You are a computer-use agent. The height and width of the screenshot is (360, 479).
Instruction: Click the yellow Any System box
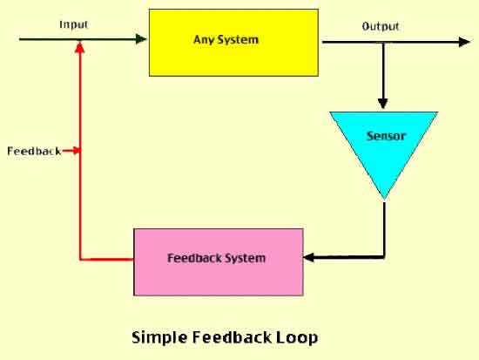(233, 43)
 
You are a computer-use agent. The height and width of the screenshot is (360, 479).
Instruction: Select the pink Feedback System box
(219, 262)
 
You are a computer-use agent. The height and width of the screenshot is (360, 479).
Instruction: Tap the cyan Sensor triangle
(384, 146)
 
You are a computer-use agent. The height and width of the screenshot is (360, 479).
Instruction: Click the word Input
(74, 24)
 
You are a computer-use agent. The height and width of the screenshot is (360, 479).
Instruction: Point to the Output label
(381, 27)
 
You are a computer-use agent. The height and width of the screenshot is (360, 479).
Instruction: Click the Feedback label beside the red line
(34, 151)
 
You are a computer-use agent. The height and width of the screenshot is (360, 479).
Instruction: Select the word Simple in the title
(159, 337)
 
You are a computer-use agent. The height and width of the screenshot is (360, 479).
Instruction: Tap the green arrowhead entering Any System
(141, 39)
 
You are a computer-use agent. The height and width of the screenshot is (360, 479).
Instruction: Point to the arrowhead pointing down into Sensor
(383, 104)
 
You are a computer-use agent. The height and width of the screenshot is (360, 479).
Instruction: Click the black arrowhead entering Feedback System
(309, 257)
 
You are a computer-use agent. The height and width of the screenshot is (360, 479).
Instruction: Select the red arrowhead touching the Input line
(80, 47)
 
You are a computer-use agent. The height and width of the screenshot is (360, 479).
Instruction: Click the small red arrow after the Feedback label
(71, 151)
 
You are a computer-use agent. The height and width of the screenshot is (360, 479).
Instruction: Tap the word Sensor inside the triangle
(386, 136)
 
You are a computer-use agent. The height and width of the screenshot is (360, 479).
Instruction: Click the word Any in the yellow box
(203, 40)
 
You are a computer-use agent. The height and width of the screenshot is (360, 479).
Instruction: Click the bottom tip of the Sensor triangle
(384, 200)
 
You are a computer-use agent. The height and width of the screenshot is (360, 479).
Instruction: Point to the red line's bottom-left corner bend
(80, 260)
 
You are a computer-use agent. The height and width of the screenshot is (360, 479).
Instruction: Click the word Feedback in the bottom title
(232, 337)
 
